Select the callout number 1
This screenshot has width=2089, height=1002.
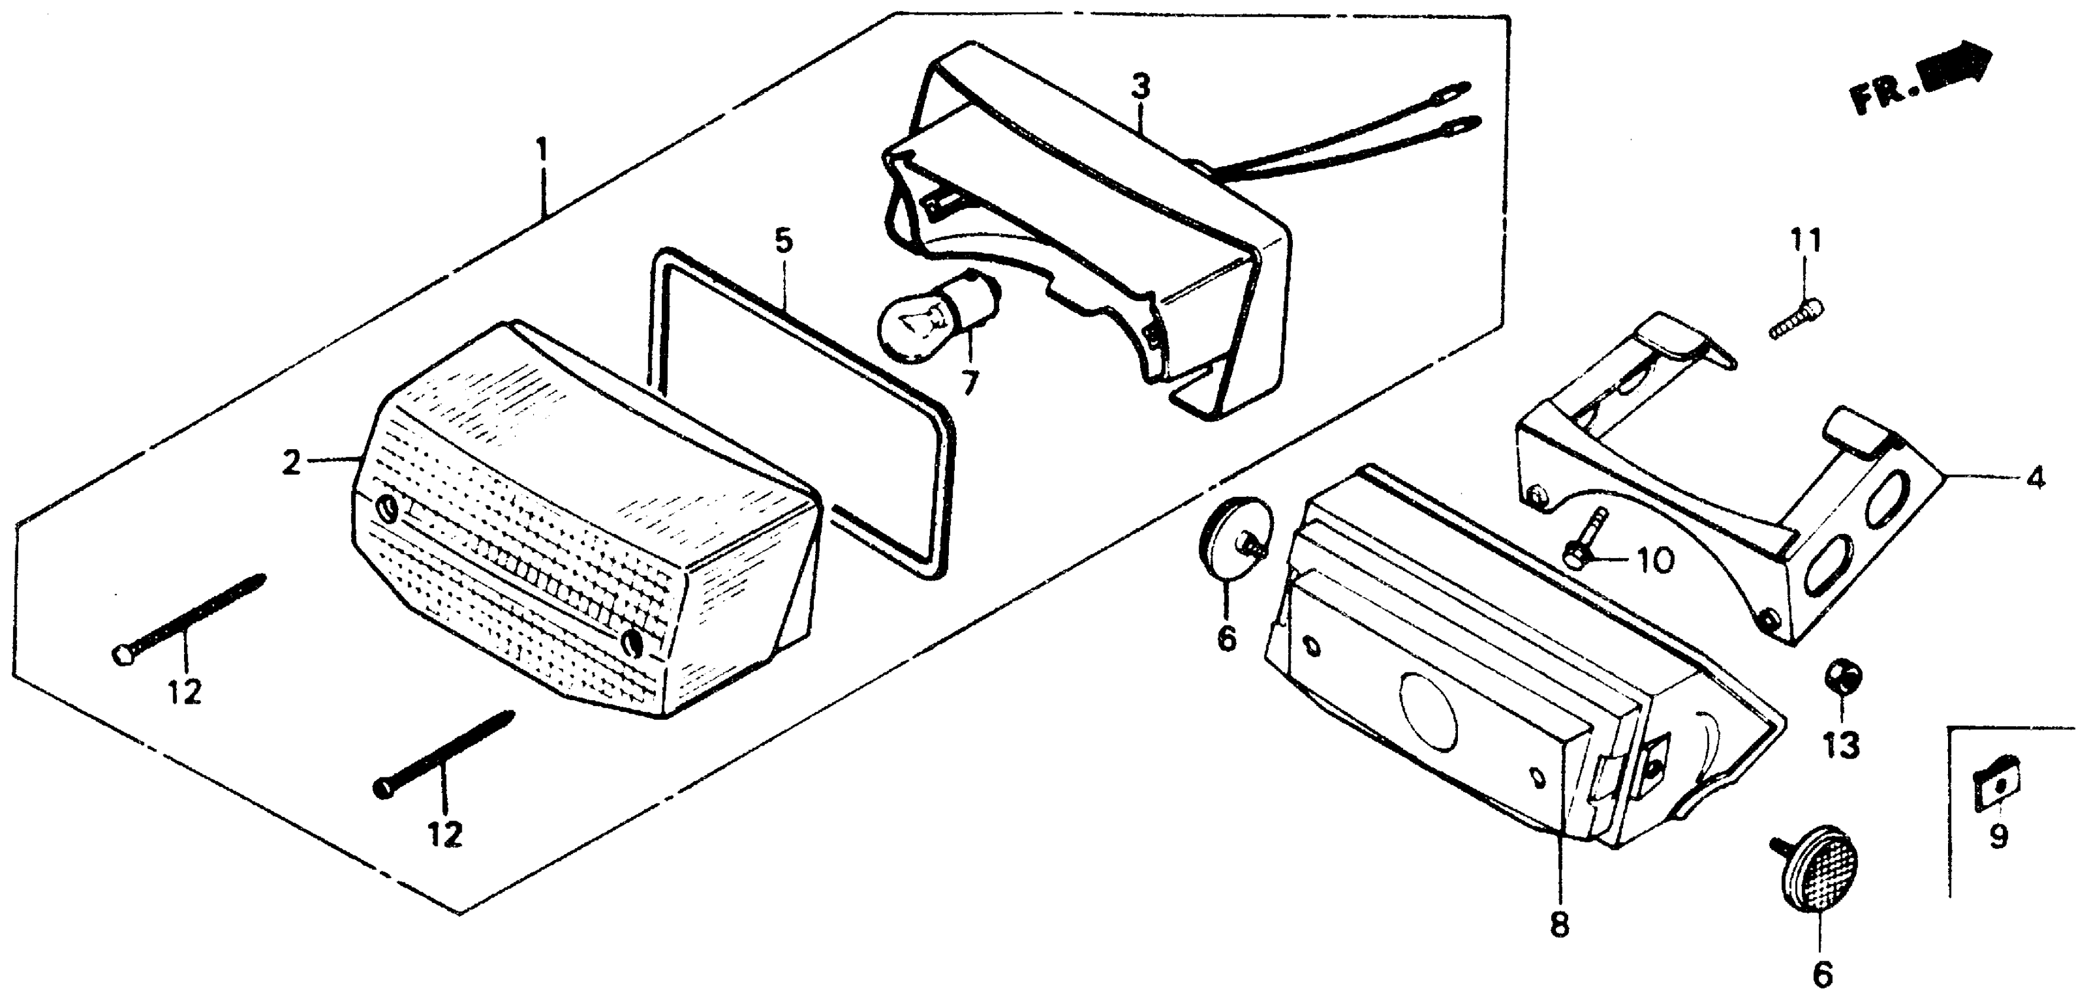(x=541, y=150)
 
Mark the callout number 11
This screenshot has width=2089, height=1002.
(x=1805, y=240)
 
